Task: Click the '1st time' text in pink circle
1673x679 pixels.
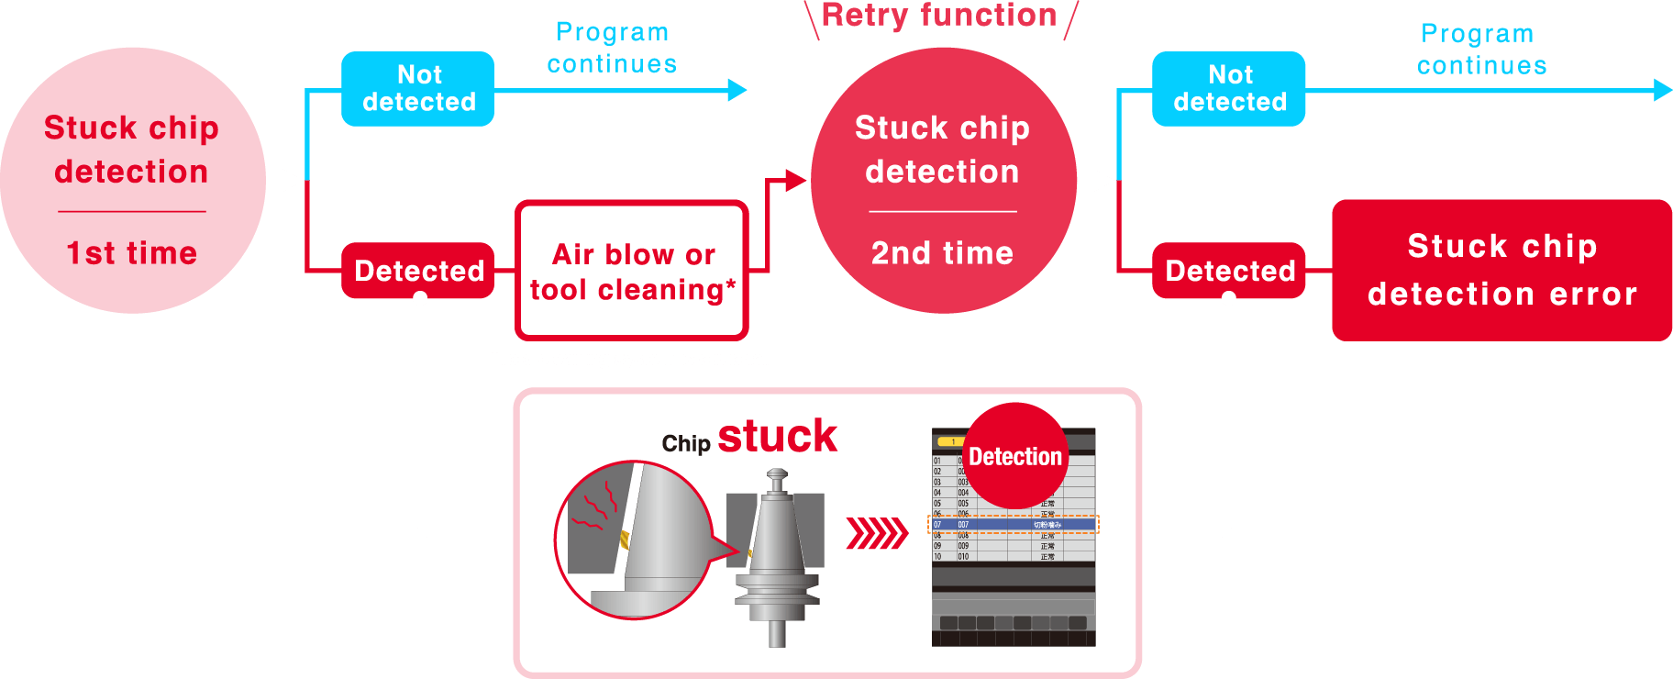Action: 132,253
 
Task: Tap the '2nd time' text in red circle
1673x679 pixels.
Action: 942,253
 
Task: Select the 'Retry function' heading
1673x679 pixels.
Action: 939,16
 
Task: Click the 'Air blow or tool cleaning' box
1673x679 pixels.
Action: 632,271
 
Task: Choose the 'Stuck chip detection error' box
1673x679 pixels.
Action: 1501,270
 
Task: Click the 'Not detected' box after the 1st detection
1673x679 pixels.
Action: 418,88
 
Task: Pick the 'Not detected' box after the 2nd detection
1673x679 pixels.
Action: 1229,88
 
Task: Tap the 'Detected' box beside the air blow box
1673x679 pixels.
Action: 418,271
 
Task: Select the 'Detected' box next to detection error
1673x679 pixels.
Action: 1229,271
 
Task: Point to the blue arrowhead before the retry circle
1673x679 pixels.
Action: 737,90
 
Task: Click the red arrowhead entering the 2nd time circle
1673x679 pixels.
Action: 795,181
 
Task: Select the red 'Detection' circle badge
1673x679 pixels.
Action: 1015,456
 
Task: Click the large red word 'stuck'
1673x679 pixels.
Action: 777,436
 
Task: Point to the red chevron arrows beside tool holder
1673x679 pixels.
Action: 876,532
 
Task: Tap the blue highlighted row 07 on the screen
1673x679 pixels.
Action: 1014,525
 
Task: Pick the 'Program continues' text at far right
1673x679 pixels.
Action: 1480,50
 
